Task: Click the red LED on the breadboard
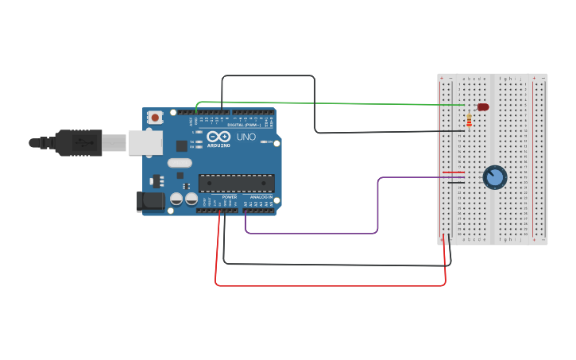tap(483, 106)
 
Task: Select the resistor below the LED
tap(469, 120)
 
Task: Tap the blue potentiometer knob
tap(494, 176)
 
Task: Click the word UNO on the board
tap(246, 137)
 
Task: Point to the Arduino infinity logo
tap(218, 137)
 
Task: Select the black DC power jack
tap(150, 201)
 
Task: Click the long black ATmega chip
tap(236, 183)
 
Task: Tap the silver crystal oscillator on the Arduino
tap(180, 163)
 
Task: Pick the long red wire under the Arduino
tap(330, 285)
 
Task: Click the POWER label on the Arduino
tap(229, 196)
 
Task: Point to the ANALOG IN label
tap(261, 196)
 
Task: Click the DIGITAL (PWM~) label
tap(244, 125)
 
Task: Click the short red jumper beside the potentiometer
tap(453, 172)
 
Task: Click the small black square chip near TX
tap(181, 145)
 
